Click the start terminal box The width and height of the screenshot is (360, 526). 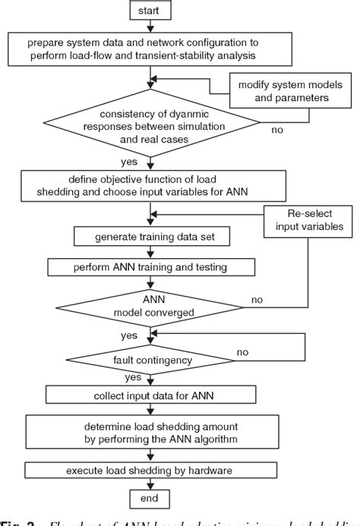point(153,12)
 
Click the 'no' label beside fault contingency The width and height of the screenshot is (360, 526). point(242,352)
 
